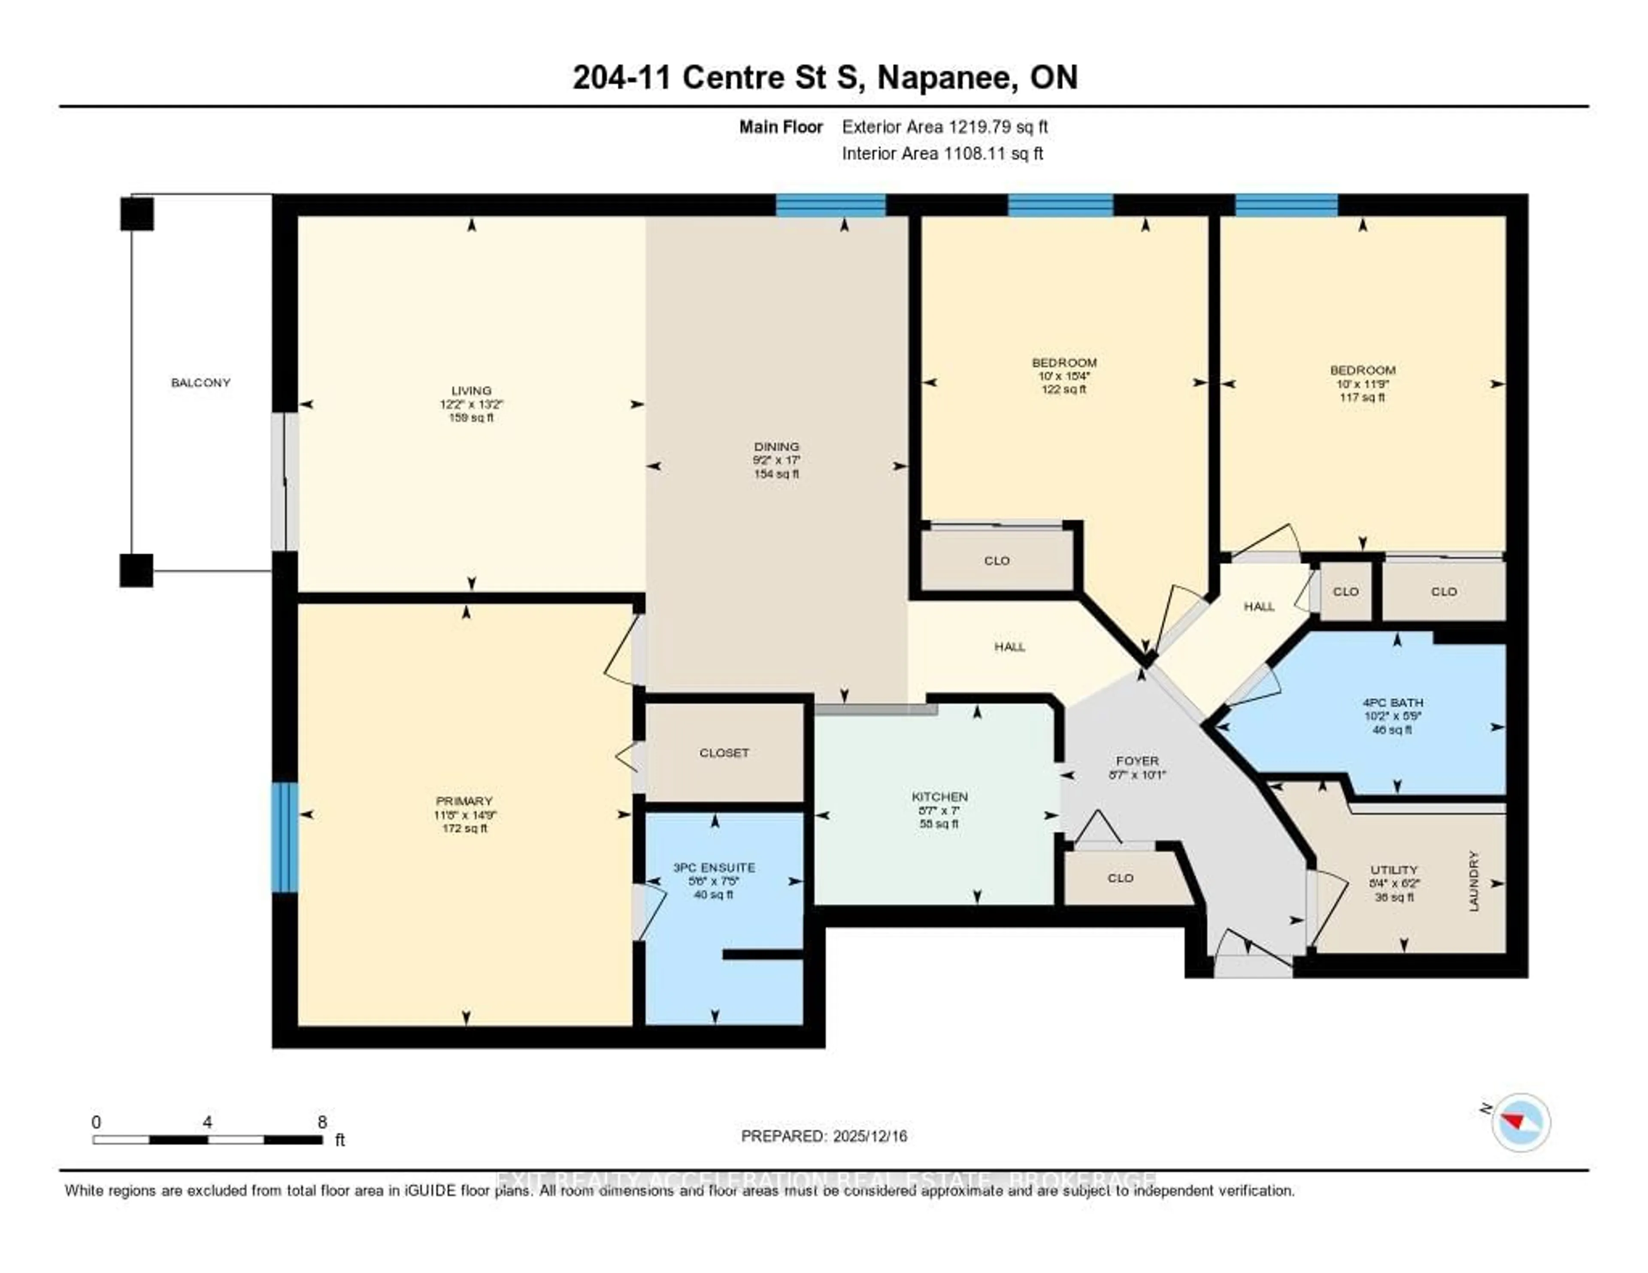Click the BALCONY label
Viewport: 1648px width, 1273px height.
(201, 382)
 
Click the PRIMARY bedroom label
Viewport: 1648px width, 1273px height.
(464, 800)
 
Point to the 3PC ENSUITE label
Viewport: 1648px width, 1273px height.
(714, 868)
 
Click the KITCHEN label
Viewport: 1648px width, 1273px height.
(939, 797)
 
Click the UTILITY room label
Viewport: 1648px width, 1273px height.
(1394, 869)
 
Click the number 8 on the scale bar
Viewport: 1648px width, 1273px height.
(322, 1122)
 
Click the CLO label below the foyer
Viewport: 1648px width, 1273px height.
(1121, 878)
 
